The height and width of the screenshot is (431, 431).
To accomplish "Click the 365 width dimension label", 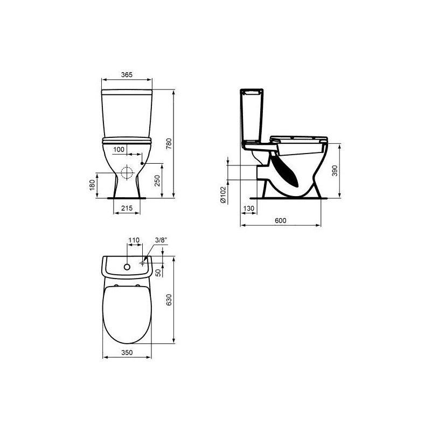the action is tap(127, 74).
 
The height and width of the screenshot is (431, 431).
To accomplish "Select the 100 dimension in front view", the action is tap(119, 150).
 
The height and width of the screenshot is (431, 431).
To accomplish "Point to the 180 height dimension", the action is tap(92, 184).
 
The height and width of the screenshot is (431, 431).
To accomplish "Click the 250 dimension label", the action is tap(157, 180).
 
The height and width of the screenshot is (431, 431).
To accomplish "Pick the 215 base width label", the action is tap(127, 208).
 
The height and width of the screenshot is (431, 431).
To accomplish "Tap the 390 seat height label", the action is tap(335, 171).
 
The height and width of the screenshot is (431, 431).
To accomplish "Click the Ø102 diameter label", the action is tap(223, 195).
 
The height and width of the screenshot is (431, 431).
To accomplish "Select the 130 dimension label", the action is tap(249, 208).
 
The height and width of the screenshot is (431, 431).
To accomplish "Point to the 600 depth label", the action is tap(280, 220).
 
